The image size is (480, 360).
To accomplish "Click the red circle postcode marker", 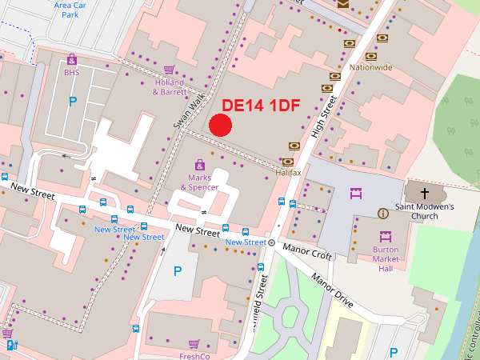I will [x=220, y=125].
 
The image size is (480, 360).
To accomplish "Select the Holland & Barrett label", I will [x=169, y=87].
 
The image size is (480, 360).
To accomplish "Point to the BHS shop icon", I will [x=72, y=59].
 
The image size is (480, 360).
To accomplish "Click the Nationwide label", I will [x=370, y=67].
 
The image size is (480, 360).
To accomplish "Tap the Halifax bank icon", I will [x=294, y=146].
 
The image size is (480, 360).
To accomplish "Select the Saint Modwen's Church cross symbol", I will [x=424, y=193].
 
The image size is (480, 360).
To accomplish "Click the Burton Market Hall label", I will [x=385, y=258].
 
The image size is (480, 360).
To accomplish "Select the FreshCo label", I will [x=194, y=356].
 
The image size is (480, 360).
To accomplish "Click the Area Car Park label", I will [x=70, y=10].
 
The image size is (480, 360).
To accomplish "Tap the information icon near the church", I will [x=383, y=213].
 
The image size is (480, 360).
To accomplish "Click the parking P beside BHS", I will [x=73, y=102].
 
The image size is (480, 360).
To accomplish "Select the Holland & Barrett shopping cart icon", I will [x=169, y=70].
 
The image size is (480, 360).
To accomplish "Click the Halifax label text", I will [x=287, y=172].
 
